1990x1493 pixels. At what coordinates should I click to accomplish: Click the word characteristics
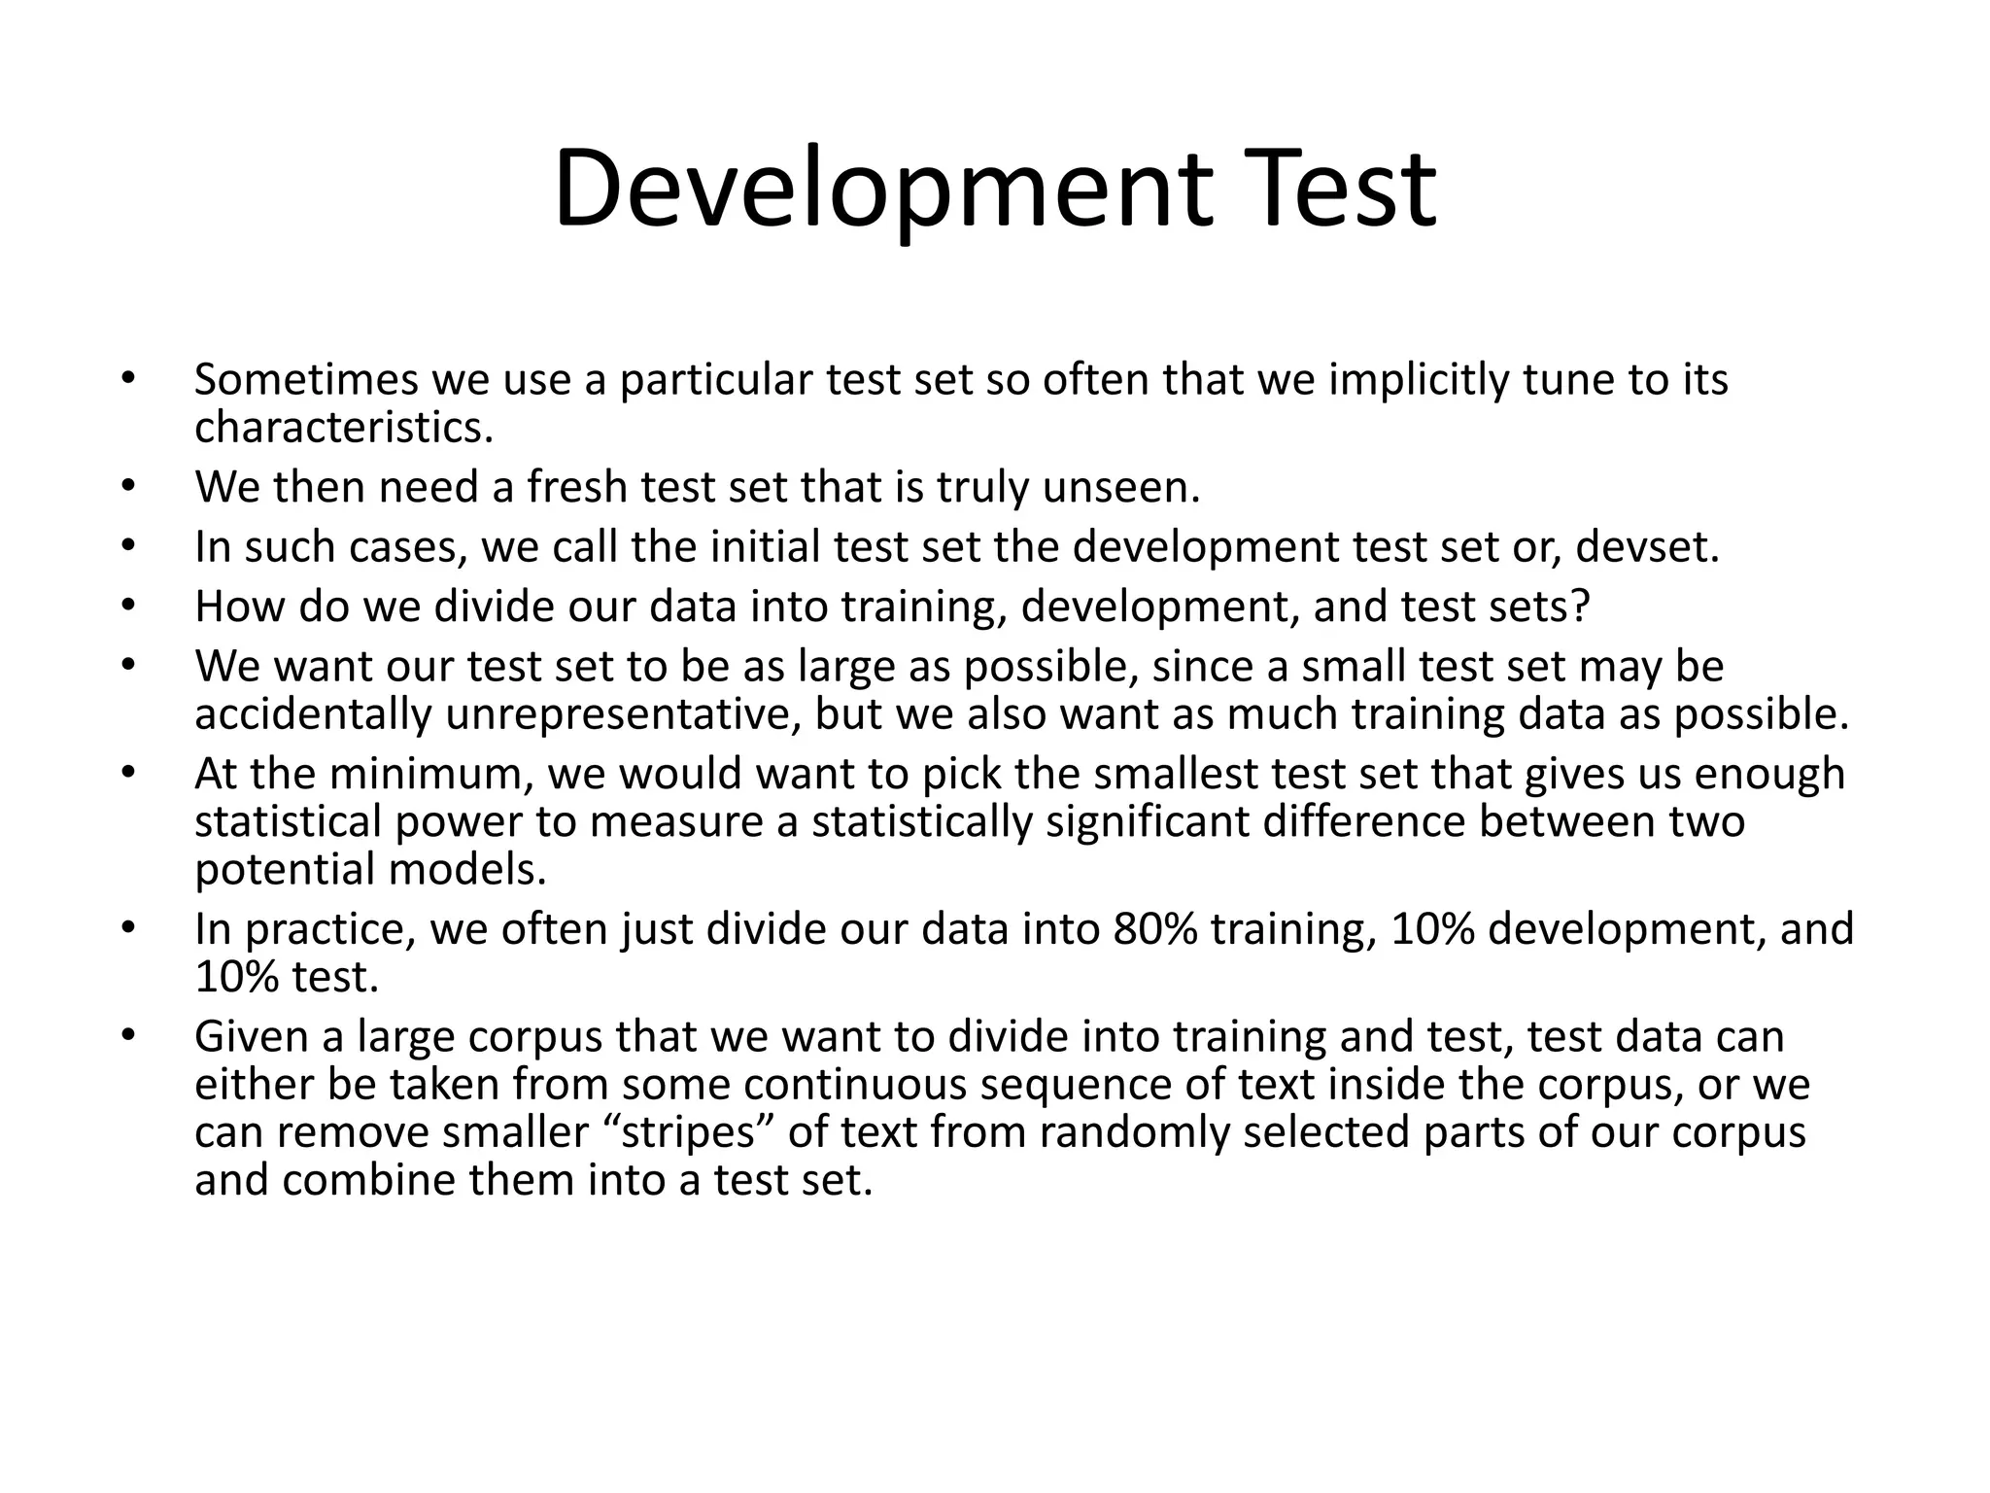tap(343, 427)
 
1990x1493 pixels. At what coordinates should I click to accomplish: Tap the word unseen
tap(1121, 487)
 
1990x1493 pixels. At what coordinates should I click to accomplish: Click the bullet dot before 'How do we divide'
tap(126, 606)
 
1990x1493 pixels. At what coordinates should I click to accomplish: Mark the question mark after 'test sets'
tap(1580, 607)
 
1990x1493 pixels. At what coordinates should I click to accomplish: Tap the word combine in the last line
tap(371, 1180)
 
